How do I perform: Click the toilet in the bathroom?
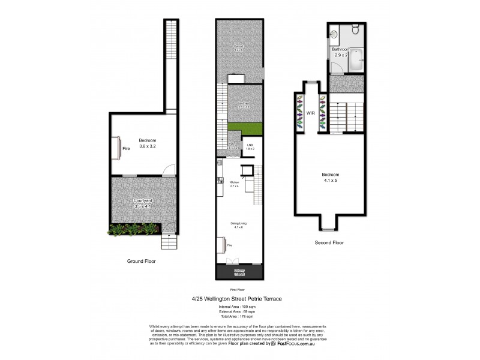[355, 28]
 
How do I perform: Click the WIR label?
[311, 112]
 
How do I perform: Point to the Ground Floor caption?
[142, 261]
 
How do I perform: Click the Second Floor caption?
[329, 242]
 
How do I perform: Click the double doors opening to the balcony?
[233, 262]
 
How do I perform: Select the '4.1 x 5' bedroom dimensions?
[329, 181]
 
